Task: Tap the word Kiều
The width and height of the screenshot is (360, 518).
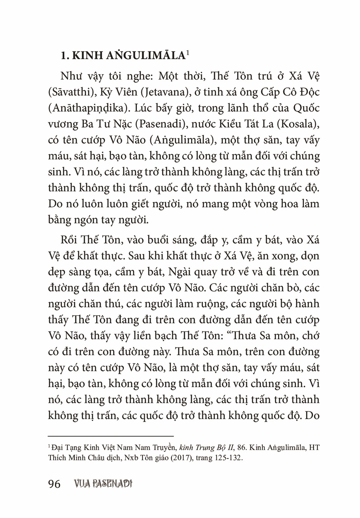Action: (234, 124)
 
